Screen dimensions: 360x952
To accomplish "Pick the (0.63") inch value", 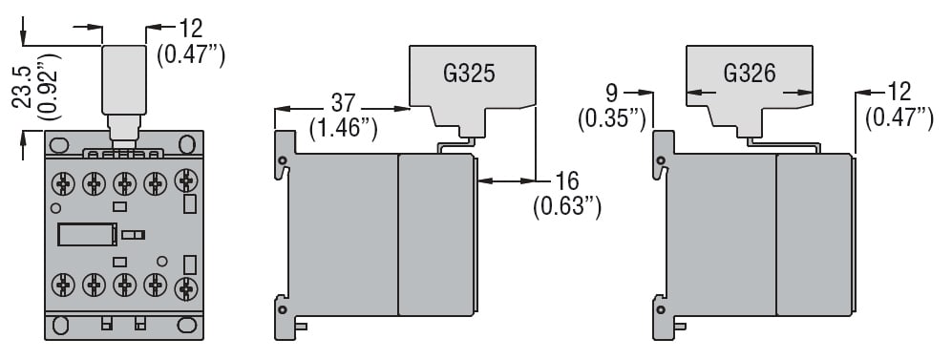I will tap(567, 204).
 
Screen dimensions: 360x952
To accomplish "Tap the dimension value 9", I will tap(613, 93).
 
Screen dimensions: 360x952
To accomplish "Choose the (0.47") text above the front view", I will tap(192, 55).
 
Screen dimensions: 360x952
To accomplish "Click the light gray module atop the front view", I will tap(124, 77).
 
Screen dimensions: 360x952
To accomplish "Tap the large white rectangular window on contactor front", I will tap(87, 234).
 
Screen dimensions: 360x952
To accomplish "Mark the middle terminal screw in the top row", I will tap(124, 181).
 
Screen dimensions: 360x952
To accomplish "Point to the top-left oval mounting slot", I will tap(57, 144).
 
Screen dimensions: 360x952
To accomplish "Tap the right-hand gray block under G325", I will tap(435, 235).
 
